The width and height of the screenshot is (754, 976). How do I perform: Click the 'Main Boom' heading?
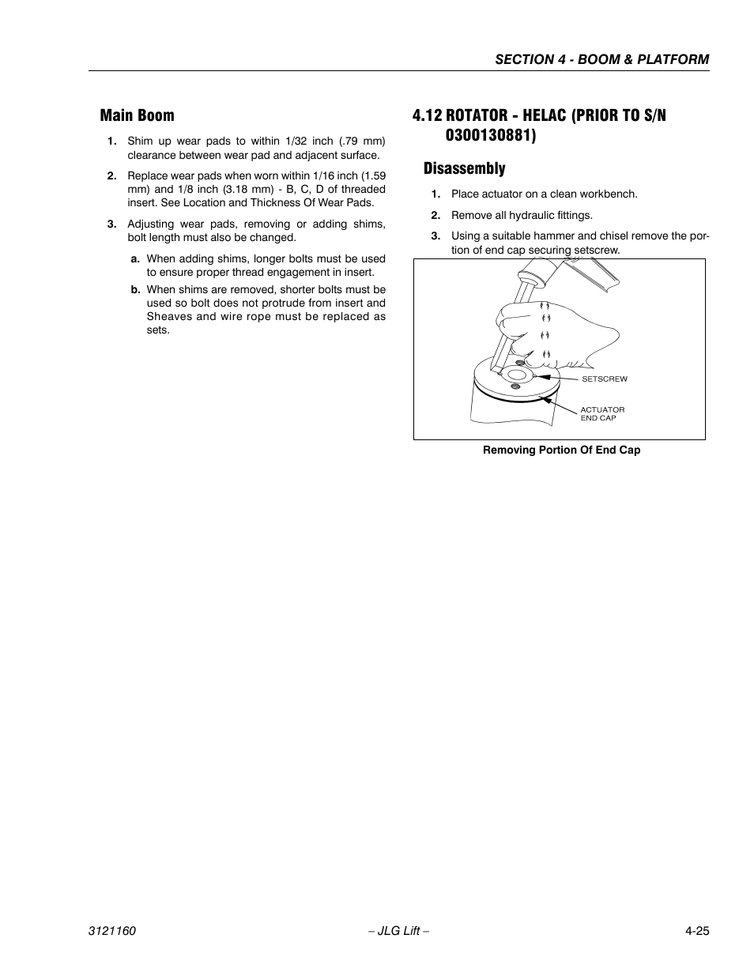click(x=137, y=115)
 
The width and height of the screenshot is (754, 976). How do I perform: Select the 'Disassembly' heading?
click(x=464, y=168)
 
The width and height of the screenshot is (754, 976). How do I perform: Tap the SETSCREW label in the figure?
click(x=604, y=379)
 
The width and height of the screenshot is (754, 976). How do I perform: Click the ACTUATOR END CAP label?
click(x=602, y=413)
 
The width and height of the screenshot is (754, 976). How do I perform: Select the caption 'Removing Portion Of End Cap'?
click(x=561, y=450)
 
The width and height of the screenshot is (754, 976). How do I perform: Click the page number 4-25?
click(x=697, y=932)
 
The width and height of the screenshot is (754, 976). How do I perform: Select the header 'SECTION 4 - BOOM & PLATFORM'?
click(x=601, y=59)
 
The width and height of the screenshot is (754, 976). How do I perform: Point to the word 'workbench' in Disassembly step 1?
click(x=610, y=194)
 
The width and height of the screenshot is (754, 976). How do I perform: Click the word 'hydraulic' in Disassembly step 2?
click(x=534, y=215)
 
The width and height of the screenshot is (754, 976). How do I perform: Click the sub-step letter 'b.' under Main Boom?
click(x=136, y=289)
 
